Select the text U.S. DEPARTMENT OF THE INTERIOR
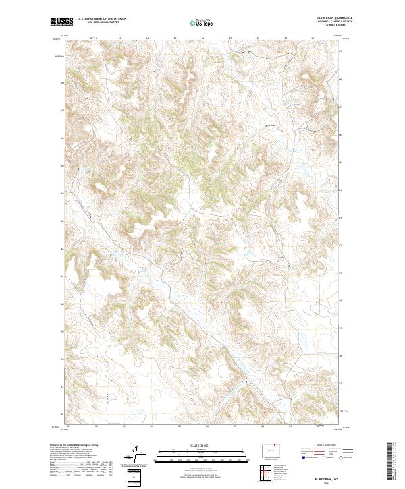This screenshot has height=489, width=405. pyautogui.click(x=102, y=19)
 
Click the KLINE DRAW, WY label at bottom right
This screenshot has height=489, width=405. pyautogui.click(x=318, y=478)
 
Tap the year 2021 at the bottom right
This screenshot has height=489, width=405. pyautogui.click(x=318, y=483)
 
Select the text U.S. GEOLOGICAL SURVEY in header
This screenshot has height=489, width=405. pyautogui.click(x=102, y=22)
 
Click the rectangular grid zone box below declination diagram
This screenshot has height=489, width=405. pyautogui.click(x=137, y=477)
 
